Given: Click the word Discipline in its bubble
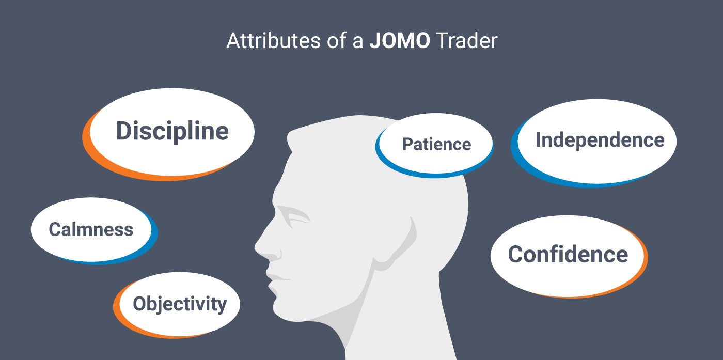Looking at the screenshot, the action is (x=172, y=131).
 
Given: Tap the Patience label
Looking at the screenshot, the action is (x=437, y=144).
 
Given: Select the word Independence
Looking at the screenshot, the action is (x=600, y=140).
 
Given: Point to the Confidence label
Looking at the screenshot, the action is (x=568, y=255).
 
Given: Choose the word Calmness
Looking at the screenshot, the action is (x=91, y=229).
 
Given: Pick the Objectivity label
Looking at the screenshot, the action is (x=180, y=304).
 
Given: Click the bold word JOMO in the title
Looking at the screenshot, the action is (x=400, y=41).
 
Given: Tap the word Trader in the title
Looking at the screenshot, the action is (x=466, y=41).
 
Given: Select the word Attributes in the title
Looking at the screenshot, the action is (x=274, y=41).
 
